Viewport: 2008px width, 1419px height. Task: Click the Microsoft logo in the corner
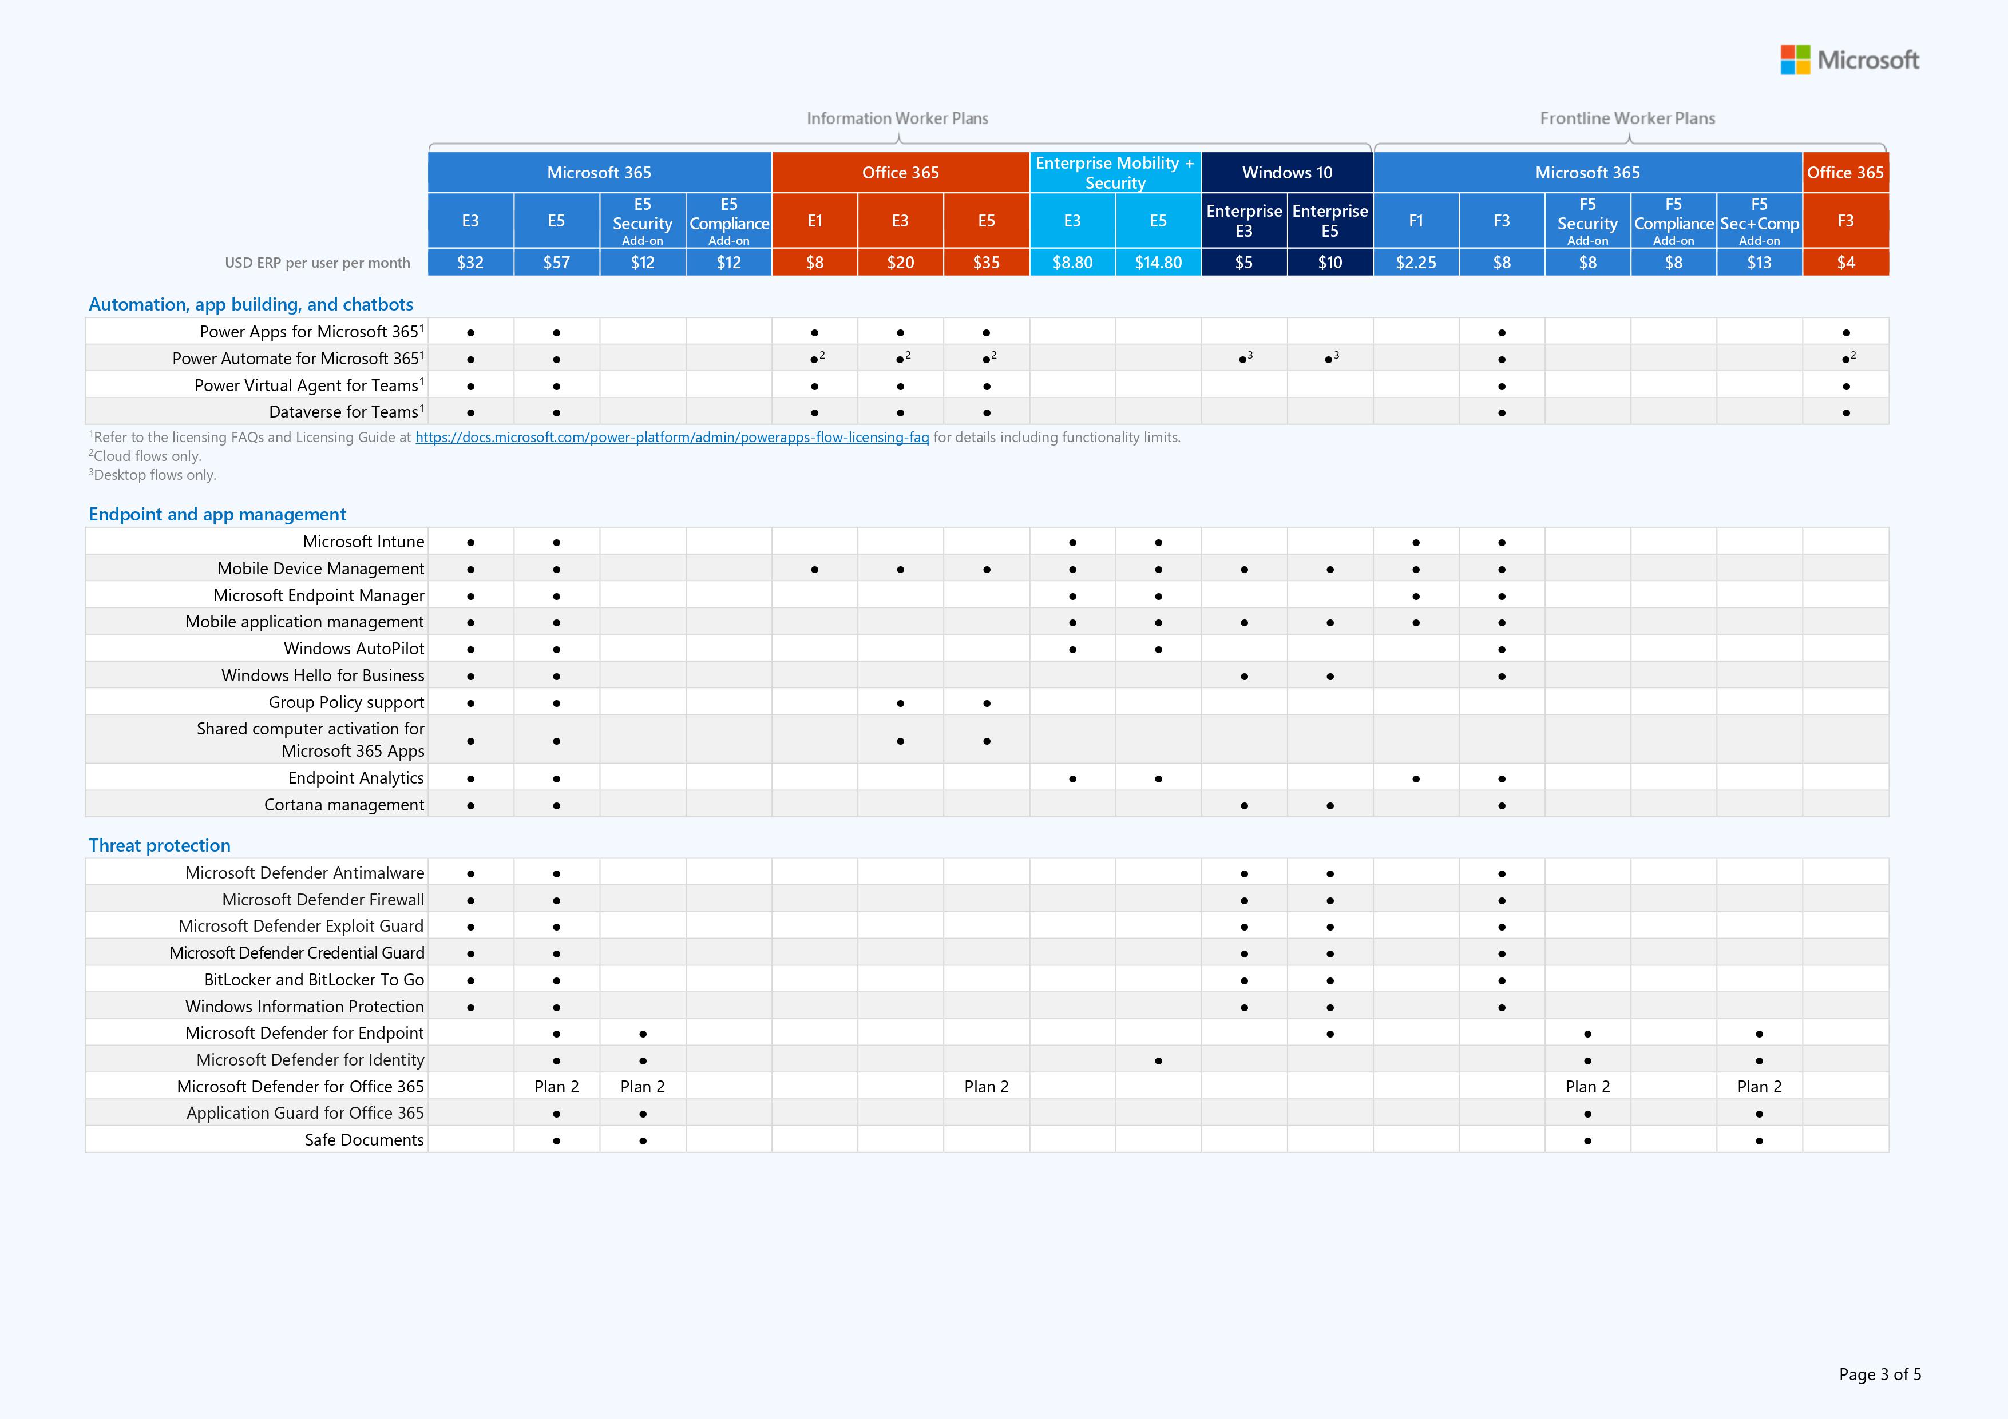pos(1849,59)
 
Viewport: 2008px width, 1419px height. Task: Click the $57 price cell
pos(556,263)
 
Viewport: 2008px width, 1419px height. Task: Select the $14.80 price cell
pos(1158,263)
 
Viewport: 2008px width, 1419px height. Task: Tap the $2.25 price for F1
pos(1415,263)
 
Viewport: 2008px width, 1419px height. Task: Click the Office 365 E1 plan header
pos(814,220)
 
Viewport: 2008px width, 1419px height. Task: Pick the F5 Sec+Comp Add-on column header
pos(1759,220)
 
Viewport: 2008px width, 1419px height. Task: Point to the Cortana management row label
pos(344,804)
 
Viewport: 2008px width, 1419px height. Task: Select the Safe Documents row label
pos(364,1139)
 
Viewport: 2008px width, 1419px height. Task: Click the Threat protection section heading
pos(159,845)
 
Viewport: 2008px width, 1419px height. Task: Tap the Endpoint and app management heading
pos(217,514)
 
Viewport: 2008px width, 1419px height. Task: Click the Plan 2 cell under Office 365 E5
pos(985,1086)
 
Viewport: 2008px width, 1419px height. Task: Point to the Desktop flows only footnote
pos(153,475)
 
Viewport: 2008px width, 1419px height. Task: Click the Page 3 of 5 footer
pos(1879,1374)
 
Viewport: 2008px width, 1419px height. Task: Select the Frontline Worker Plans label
pos(1627,118)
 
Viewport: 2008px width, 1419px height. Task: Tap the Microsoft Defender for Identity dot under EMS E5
pos(1158,1060)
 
